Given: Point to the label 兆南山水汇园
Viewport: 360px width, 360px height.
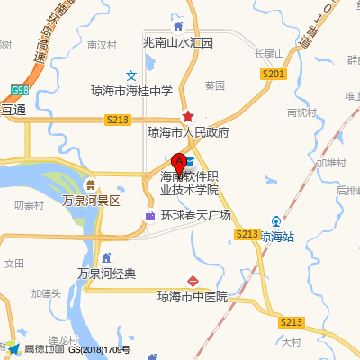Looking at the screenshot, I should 178,42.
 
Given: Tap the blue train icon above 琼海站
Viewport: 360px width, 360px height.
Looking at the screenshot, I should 276,221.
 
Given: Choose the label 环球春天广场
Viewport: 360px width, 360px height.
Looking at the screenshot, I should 196,216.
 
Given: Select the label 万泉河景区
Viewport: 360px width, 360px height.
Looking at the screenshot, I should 91,200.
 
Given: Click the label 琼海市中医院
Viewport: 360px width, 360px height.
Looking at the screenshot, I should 192,296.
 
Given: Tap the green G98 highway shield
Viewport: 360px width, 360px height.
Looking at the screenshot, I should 19,90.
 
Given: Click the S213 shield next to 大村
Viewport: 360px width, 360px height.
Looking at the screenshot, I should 290,322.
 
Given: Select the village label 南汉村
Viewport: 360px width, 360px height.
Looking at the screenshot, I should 103,44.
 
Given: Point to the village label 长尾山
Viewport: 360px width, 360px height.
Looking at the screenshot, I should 269,54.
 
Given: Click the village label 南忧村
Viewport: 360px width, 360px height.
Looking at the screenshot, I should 302,112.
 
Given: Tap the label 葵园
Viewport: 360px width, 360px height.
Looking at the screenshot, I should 214,86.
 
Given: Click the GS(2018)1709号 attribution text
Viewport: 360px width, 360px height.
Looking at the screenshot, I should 100,348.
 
